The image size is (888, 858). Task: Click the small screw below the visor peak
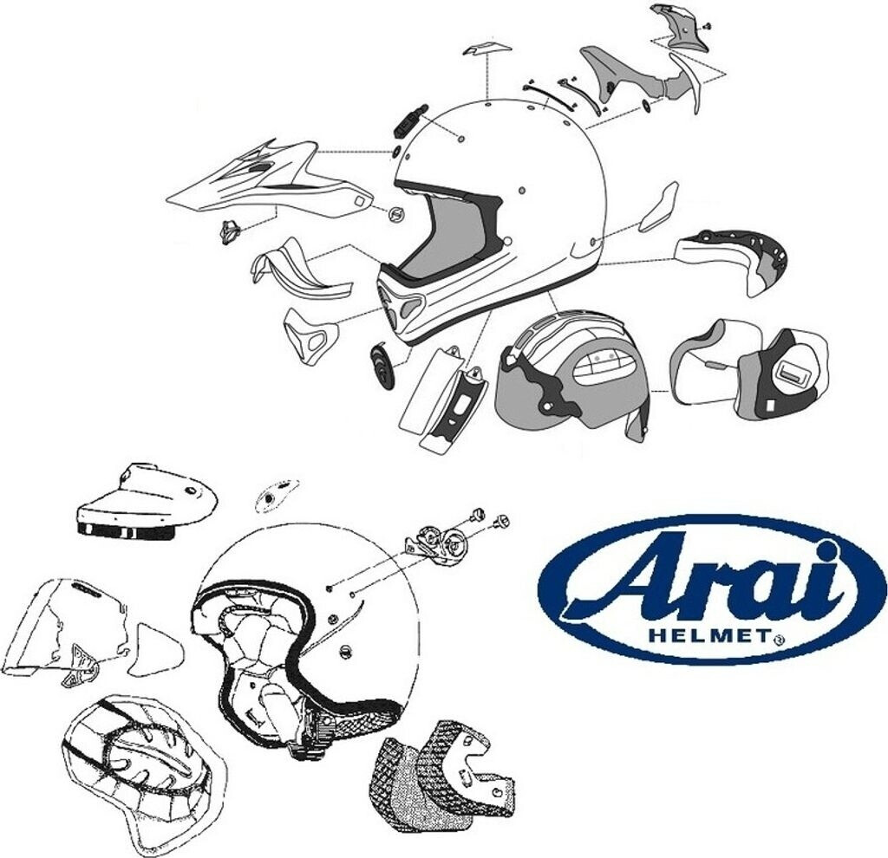click(230, 232)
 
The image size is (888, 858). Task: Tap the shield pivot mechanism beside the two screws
click(438, 543)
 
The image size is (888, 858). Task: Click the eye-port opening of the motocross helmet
click(451, 234)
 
